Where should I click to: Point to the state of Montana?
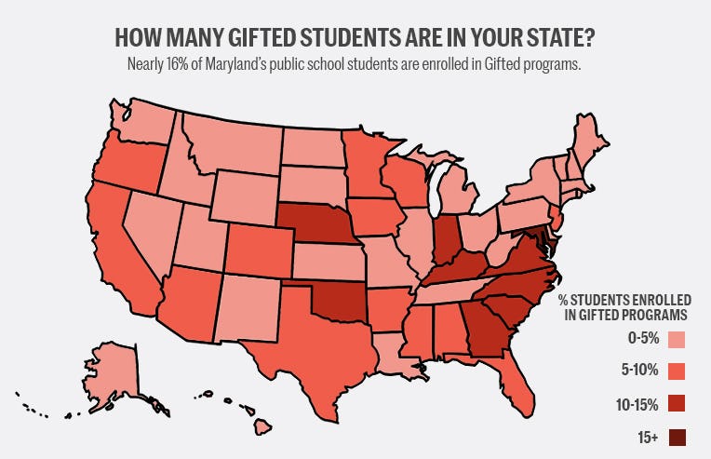[x=229, y=143]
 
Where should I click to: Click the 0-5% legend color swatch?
[x=677, y=339]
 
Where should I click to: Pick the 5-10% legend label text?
[x=640, y=371]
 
